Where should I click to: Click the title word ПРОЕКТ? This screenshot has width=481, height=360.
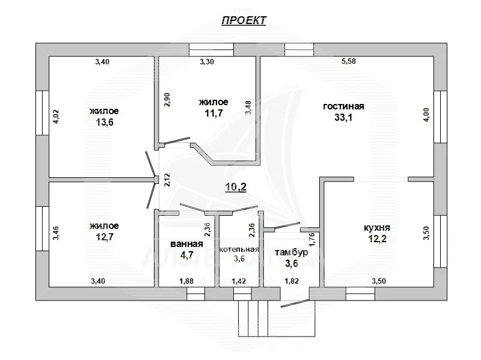point(244,20)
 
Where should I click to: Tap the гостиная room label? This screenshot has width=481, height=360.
point(343,106)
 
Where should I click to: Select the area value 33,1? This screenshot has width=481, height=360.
point(343,118)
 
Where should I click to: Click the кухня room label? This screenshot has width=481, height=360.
point(378,228)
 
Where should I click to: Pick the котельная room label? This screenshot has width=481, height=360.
point(239,249)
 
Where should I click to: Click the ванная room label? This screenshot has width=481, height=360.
point(187,243)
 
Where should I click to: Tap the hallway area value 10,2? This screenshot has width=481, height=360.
point(236,187)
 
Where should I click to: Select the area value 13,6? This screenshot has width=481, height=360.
point(104,123)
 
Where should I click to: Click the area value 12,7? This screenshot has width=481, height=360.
point(104,237)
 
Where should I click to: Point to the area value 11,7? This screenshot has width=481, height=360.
point(213,113)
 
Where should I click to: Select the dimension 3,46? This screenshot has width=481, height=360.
point(57,232)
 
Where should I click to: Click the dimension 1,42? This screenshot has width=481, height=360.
point(239,280)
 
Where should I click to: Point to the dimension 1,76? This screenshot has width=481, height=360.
point(312,239)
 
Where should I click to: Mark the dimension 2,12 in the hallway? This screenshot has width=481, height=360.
point(167,180)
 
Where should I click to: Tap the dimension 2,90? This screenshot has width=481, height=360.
point(167,99)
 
